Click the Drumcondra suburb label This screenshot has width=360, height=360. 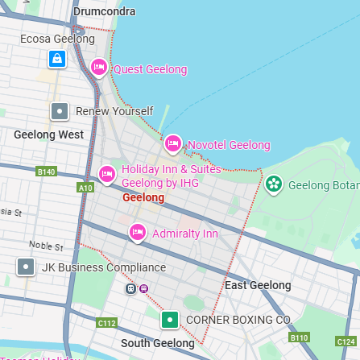pyautogui.click(x=104, y=11)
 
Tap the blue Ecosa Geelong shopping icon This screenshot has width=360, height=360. pyautogui.click(x=56, y=59)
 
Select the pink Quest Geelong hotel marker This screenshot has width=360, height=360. pyautogui.click(x=99, y=68)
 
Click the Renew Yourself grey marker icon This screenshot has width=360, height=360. pyautogui.click(x=60, y=111)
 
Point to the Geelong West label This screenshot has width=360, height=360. pyautogui.click(x=48, y=134)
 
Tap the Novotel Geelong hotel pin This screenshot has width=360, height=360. pyautogui.click(x=173, y=145)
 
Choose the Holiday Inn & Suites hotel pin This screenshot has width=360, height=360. pyautogui.click(x=107, y=174)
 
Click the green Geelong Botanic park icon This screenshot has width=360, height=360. pyautogui.click(x=274, y=185)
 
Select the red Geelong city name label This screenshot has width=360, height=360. pyautogui.click(x=143, y=197)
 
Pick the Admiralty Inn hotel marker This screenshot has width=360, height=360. pyautogui.click(x=139, y=234)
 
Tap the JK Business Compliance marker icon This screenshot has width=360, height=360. pyautogui.click(x=26, y=267)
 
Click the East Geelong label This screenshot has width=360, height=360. pyautogui.click(x=258, y=285)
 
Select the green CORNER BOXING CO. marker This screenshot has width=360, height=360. pyautogui.click(x=170, y=320)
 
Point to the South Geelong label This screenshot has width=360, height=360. pyautogui.click(x=158, y=343)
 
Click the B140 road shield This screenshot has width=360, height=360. pyautogui.click(x=47, y=172)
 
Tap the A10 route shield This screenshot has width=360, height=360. pyautogui.click(x=85, y=188)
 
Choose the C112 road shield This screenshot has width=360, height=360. pyautogui.click(x=106, y=322)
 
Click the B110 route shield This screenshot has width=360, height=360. pyautogui.click(x=299, y=337)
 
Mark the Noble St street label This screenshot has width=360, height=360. pyautogui.click(x=46, y=246)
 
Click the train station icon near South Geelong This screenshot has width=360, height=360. pyautogui.click(x=130, y=288)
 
